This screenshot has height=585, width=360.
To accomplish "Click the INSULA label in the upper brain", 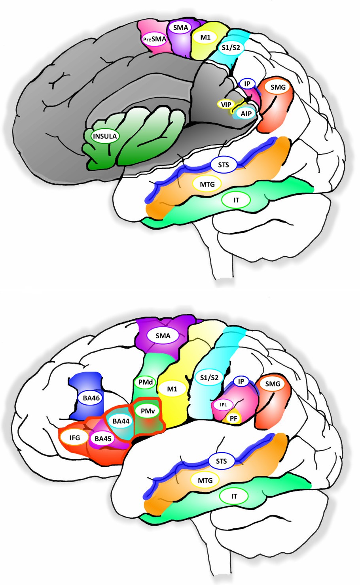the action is pyautogui.click(x=105, y=136).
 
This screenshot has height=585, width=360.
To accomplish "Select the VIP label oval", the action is pyautogui.click(x=226, y=104).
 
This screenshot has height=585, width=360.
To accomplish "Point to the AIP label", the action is pyautogui.click(x=246, y=113).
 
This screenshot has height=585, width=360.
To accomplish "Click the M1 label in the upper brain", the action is pyautogui.click(x=205, y=38).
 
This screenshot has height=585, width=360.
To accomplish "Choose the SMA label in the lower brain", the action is pyautogui.click(x=163, y=336).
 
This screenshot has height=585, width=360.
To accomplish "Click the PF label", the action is pyautogui.click(x=233, y=419).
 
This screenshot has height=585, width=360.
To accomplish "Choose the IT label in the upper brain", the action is pyautogui.click(x=237, y=200).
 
